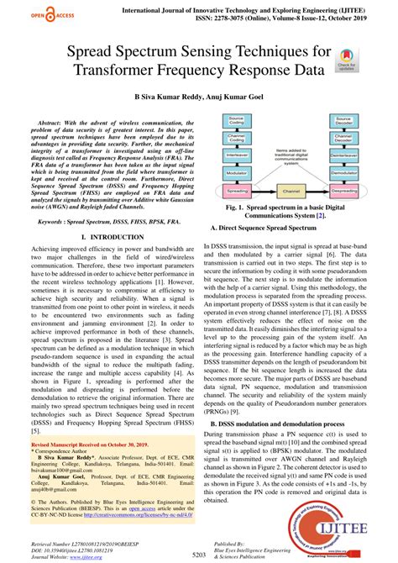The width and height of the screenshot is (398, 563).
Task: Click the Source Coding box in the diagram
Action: pos(235,121)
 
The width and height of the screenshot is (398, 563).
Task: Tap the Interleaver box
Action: pos(235,154)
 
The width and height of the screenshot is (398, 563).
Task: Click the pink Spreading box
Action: pos(235,192)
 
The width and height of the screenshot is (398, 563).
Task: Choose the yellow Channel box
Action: pos(289,192)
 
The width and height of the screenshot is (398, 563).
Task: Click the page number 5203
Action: pos(198,555)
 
